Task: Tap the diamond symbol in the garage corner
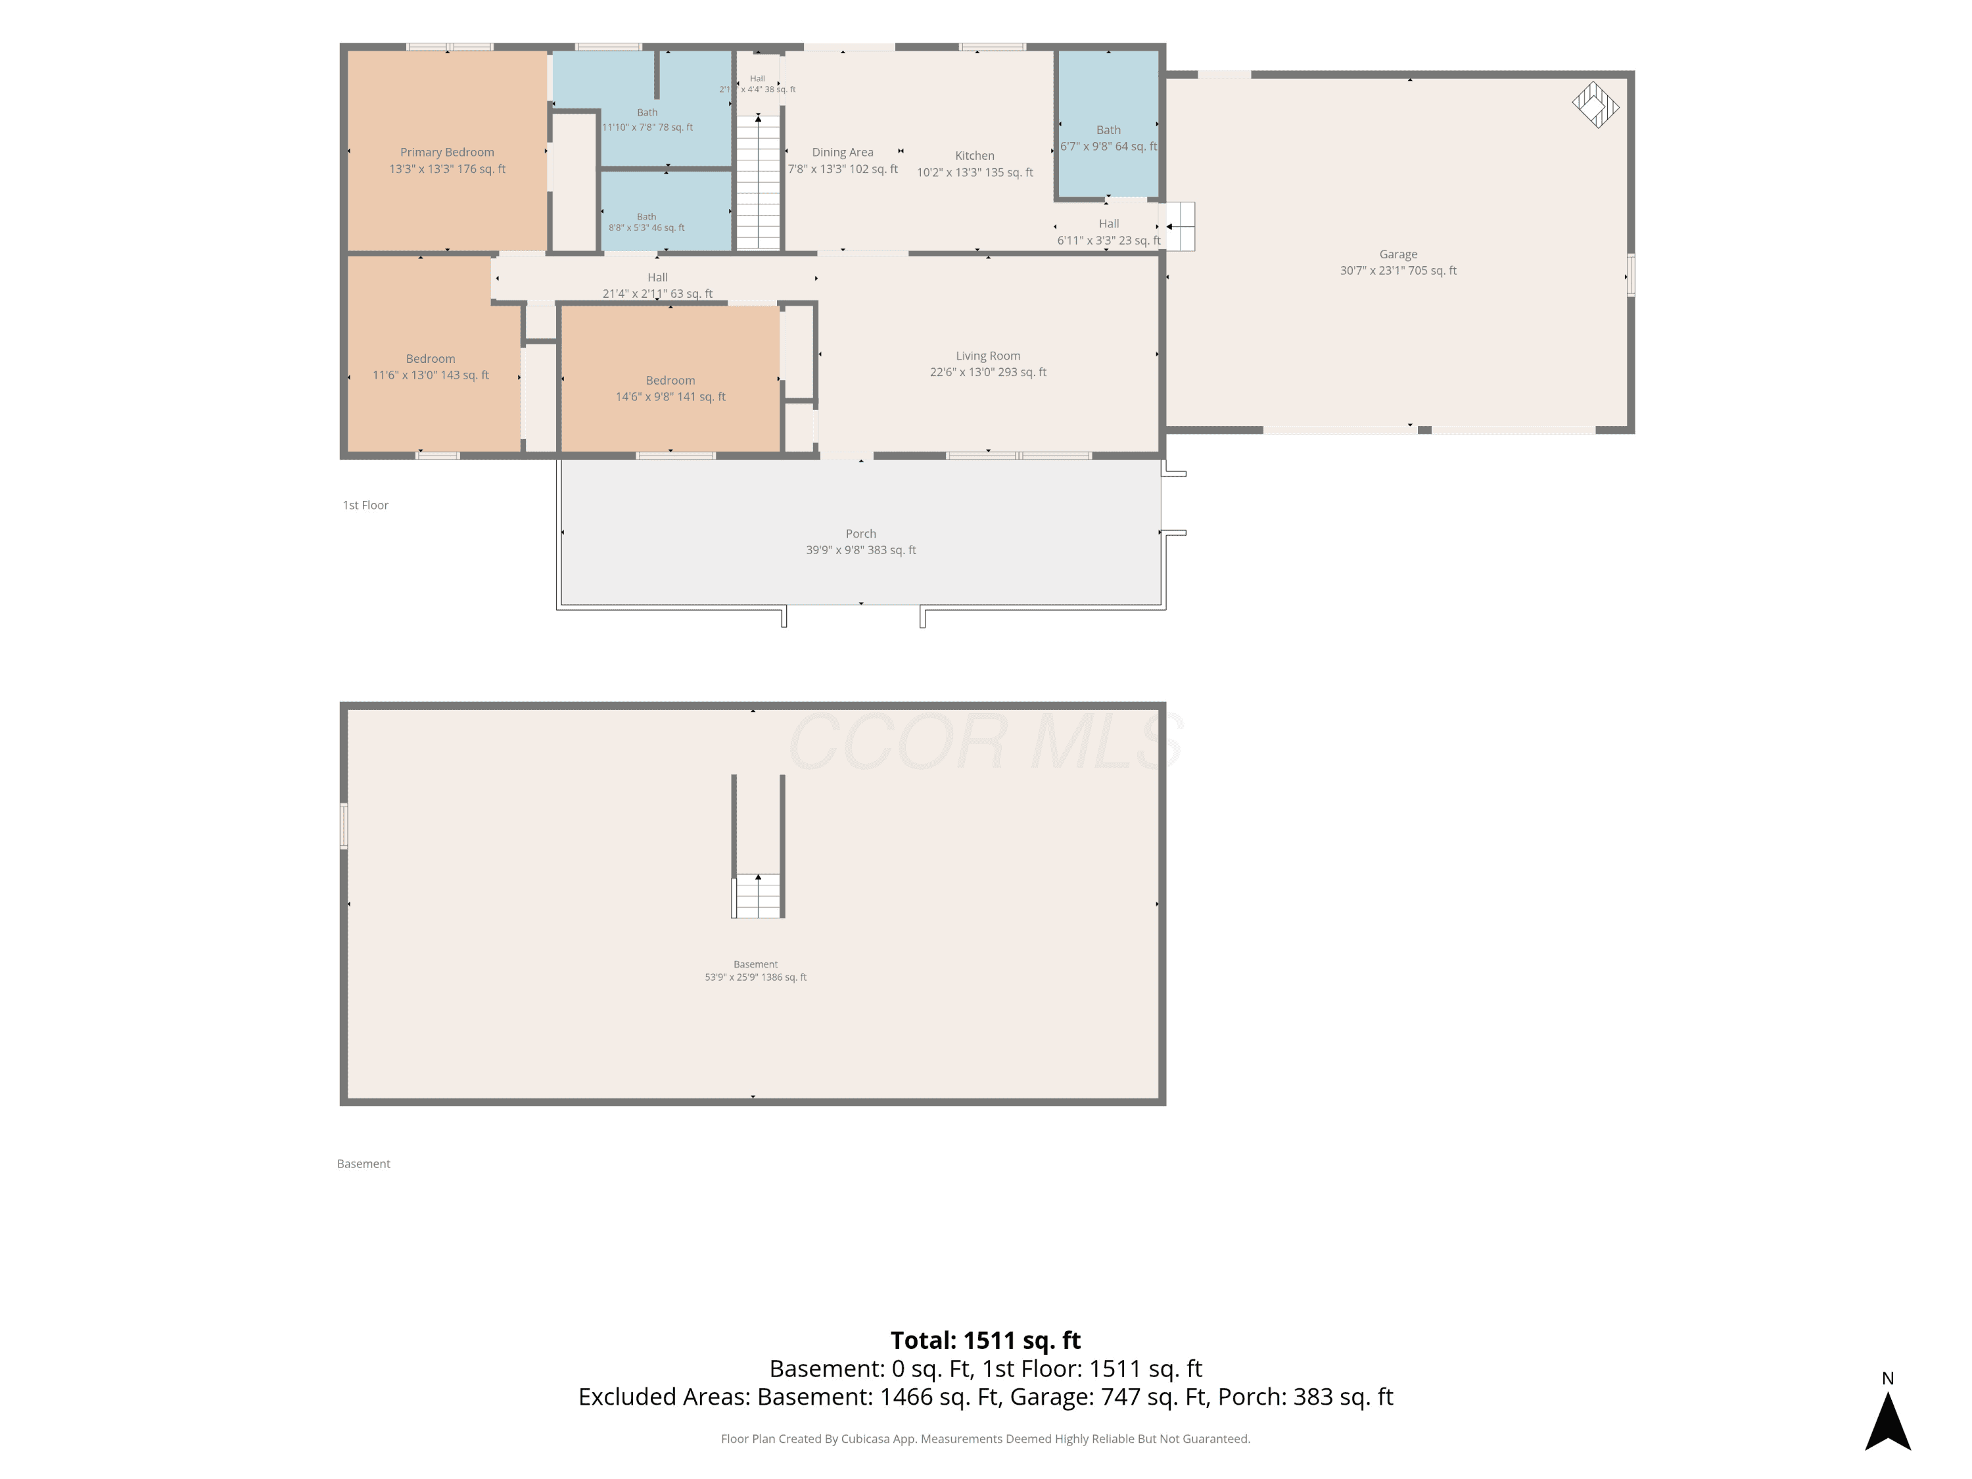pyautogui.click(x=1595, y=105)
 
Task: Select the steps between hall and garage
pyautogui.click(x=1179, y=226)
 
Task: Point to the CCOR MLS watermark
pyautogui.click(x=985, y=740)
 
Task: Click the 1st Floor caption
pyautogui.click(x=365, y=505)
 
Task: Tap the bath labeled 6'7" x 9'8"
pyautogui.click(x=1108, y=138)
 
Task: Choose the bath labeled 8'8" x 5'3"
pyautogui.click(x=646, y=222)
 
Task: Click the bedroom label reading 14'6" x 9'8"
pyautogui.click(x=670, y=388)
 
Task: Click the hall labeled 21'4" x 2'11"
pyautogui.click(x=657, y=285)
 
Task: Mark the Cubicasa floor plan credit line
pyautogui.click(x=985, y=1439)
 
